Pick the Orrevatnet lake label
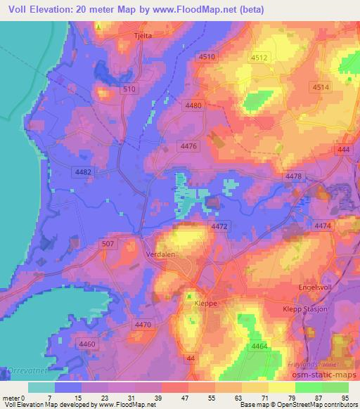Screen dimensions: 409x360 [22, 370]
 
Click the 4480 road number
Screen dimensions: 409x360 [193, 105]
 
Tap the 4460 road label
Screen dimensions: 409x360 [87, 343]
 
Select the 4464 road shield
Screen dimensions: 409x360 [259, 346]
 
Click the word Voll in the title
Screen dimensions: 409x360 [20, 9]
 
